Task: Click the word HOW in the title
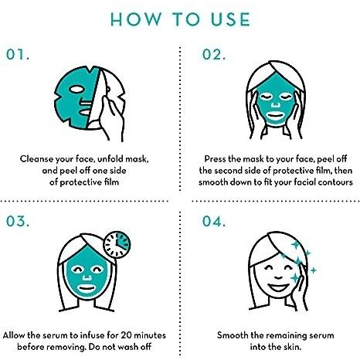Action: (136, 19)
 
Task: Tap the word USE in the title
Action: (230, 19)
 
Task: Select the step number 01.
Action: (18, 55)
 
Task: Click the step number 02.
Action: (214, 55)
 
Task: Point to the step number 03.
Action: (18, 222)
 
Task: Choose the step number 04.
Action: (214, 222)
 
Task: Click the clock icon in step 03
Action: (117, 244)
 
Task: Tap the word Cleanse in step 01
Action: (36, 159)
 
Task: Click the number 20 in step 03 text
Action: (126, 335)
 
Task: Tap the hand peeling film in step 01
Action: (110, 116)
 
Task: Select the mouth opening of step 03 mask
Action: (87, 288)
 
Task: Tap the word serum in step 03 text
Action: (55, 335)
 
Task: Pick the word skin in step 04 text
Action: (292, 347)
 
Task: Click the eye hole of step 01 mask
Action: (76, 90)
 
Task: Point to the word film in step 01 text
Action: (111, 182)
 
